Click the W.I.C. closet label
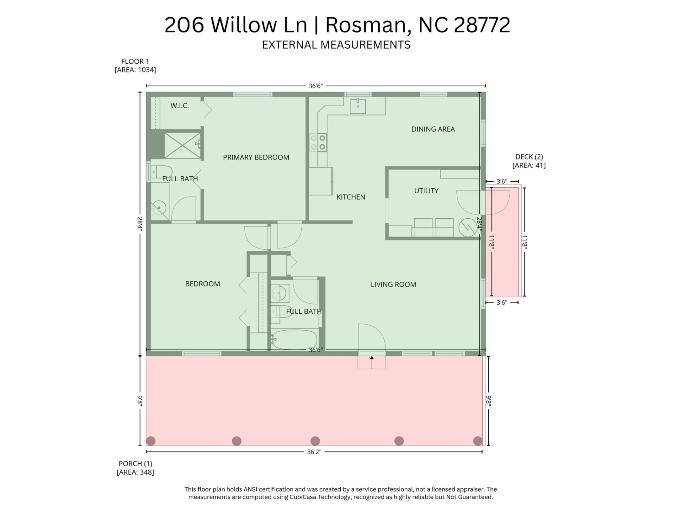tap(180, 106)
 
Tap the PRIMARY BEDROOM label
tap(256, 157)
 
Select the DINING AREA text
tap(433, 129)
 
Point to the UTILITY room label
tap(426, 191)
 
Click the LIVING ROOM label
tap(393, 284)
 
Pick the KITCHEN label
tap(351, 197)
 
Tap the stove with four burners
tap(318, 142)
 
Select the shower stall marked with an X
tap(182, 145)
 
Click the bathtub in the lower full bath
tap(295, 339)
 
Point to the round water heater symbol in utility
tap(468, 227)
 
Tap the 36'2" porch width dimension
tap(314, 452)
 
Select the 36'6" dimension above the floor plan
tap(315, 86)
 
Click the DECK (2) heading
tap(529, 157)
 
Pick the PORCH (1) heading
tap(135, 464)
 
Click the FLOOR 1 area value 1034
tap(146, 70)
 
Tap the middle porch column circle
tap(315, 441)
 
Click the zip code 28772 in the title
tap(482, 25)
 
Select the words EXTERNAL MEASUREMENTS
tap(336, 45)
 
